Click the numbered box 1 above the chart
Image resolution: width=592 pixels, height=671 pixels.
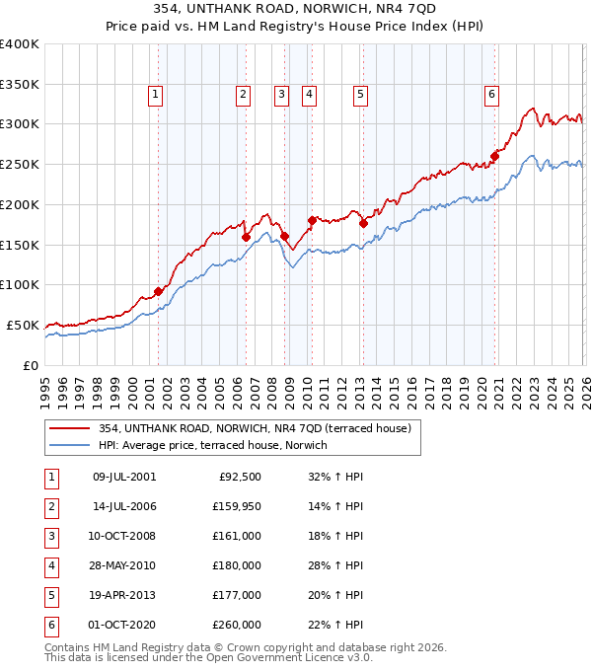tap(156, 95)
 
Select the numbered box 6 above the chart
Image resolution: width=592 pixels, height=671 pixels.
tap(491, 95)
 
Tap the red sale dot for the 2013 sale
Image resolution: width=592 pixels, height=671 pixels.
tap(363, 224)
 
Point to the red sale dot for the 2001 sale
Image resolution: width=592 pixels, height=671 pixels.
tap(158, 291)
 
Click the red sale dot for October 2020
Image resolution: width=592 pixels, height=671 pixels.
tap(494, 156)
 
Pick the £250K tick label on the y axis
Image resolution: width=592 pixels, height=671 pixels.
tap(20, 165)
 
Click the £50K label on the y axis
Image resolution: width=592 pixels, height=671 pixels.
tap(23, 325)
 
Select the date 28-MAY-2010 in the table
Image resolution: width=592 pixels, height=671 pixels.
tap(123, 565)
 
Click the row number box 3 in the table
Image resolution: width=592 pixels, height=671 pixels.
tap(48, 536)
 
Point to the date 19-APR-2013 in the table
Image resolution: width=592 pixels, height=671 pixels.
tap(123, 595)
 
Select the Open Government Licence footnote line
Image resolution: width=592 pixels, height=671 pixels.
tap(209, 657)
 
